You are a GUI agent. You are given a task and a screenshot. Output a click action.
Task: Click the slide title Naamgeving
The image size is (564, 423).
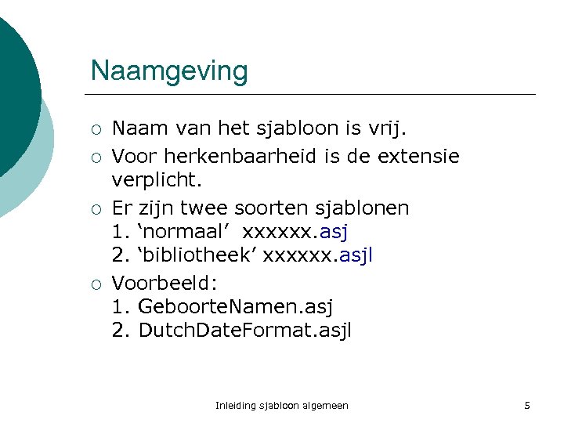169,70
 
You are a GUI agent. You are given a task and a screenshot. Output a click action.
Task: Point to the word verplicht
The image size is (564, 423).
157,180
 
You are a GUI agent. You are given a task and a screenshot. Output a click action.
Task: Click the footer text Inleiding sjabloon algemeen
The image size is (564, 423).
281,406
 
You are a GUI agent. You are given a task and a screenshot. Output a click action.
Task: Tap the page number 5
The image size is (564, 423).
527,406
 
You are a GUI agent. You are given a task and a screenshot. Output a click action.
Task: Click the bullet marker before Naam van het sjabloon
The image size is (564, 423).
94,128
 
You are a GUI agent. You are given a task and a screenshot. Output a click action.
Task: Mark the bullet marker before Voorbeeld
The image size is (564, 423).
94,283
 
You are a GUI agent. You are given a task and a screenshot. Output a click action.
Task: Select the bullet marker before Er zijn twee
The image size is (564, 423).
94,209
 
